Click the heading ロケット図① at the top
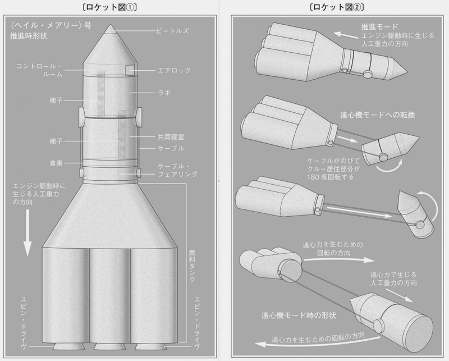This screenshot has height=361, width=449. click(x=109, y=7)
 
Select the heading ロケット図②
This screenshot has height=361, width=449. click(x=337, y=7)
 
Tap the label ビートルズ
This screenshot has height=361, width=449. click(x=172, y=31)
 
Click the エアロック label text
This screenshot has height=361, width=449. click(x=175, y=71)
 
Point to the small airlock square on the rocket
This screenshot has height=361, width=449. click(x=130, y=70)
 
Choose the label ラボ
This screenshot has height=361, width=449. click(x=164, y=93)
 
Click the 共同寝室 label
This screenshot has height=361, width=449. click(x=171, y=137)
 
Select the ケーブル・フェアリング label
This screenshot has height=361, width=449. click(x=177, y=170)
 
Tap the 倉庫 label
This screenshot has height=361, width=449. click(x=56, y=163)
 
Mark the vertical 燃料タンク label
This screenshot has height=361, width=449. click(x=192, y=266)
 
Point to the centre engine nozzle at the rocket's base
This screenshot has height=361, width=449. click(x=110, y=346)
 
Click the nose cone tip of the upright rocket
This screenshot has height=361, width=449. click(x=111, y=25)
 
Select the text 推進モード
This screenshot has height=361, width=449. click(x=379, y=27)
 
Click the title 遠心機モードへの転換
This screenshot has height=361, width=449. click(x=377, y=115)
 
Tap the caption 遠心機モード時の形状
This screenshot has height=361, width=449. click(x=299, y=316)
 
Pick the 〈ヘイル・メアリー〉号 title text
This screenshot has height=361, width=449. click(x=51, y=26)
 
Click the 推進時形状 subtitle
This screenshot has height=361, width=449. click(x=29, y=36)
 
